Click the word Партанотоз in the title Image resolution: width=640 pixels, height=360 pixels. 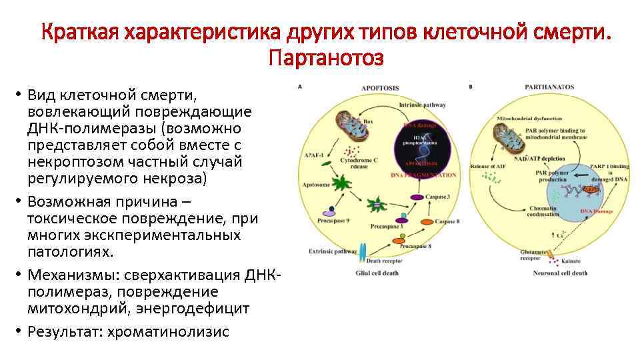point(326,59)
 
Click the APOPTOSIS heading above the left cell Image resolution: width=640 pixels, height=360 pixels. point(380,87)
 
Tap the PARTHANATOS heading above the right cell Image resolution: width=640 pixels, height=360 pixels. point(549,87)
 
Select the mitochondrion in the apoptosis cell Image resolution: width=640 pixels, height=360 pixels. point(349,126)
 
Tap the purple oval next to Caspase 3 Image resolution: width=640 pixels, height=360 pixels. point(417,197)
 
